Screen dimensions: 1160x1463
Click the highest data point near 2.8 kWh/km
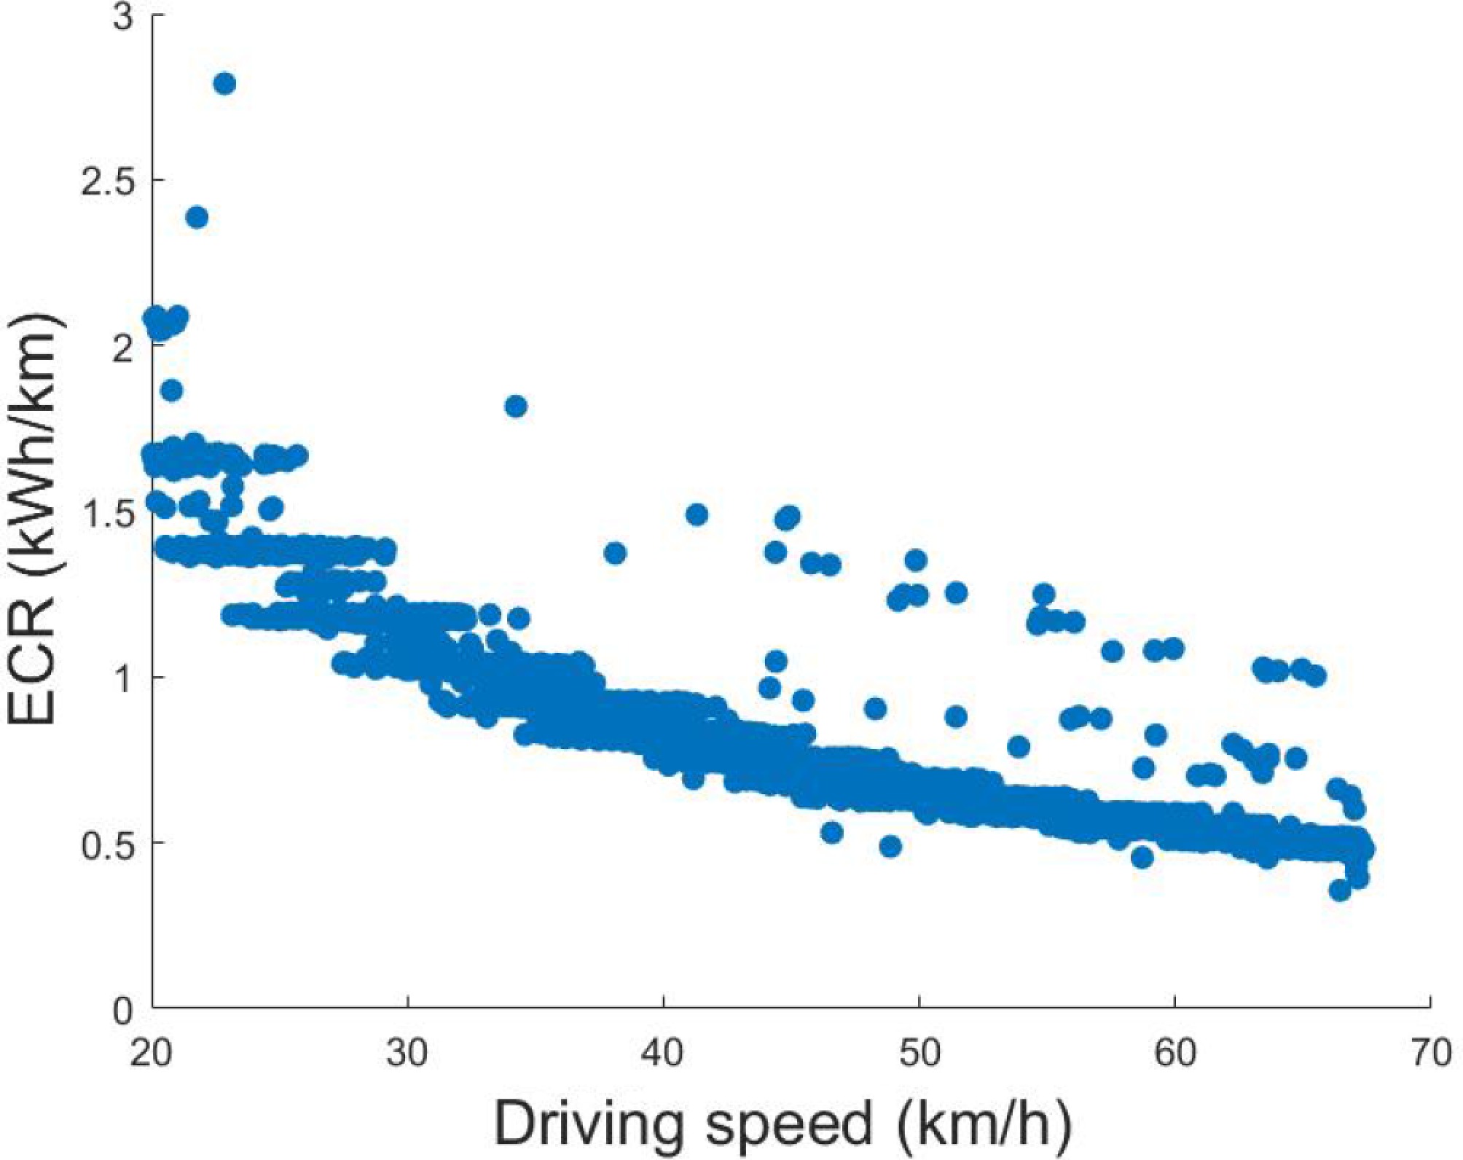[224, 84]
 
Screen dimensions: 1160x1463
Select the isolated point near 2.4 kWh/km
[197, 217]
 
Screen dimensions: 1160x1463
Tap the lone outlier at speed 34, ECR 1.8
[516, 406]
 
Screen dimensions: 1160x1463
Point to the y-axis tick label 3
[125, 16]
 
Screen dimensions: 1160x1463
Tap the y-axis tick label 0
[125, 1011]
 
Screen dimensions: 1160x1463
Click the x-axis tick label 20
[152, 1054]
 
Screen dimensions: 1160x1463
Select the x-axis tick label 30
[407, 1054]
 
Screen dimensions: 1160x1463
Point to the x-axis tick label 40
[663, 1054]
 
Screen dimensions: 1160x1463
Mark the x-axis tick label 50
[919, 1054]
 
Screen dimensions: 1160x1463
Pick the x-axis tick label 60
[1175, 1054]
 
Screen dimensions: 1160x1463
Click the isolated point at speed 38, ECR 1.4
[615, 553]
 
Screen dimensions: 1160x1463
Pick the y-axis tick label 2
[125, 346]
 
